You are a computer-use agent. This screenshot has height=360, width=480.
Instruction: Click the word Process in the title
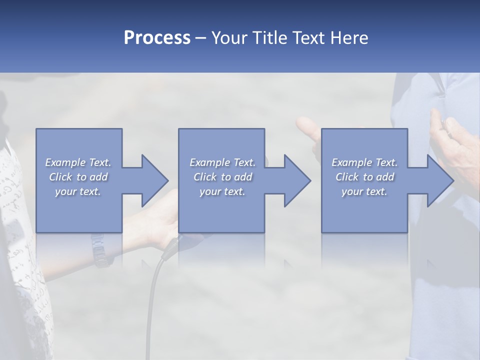pos(157,38)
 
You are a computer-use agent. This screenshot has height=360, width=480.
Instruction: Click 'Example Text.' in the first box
pos(78,162)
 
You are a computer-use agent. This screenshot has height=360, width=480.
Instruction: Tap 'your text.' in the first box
pos(78,191)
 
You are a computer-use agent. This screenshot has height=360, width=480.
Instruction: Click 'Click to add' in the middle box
pos(222,177)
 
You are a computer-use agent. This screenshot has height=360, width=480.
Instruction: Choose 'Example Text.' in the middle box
pos(222,162)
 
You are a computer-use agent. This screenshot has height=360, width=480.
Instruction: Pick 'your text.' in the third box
pos(364,191)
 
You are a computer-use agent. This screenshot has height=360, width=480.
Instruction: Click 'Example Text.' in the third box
pos(364,162)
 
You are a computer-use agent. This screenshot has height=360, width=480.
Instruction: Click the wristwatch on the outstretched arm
pos(99,250)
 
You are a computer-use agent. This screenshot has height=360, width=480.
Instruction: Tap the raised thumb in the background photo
pos(305,127)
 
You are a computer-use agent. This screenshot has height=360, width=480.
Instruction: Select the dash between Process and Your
pos(201,38)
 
